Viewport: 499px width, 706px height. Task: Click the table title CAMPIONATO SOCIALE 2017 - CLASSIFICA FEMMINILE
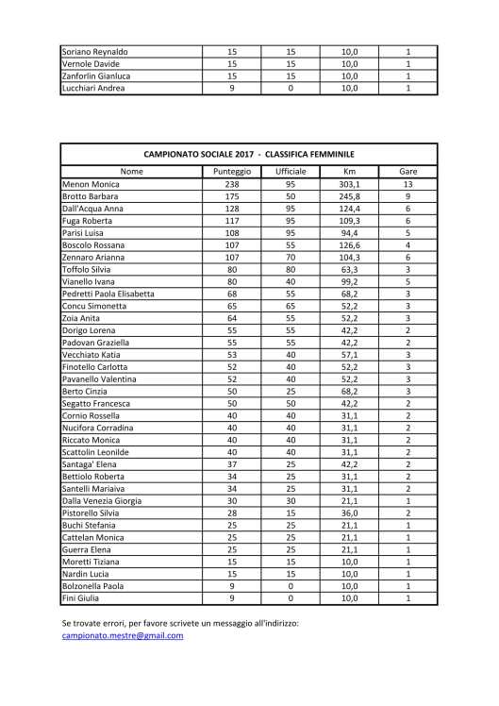[249, 152]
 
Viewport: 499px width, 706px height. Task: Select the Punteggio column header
[232, 172]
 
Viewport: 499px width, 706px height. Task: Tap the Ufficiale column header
[291, 172]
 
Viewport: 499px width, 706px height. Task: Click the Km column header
[350, 172]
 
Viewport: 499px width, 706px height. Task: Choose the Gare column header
[408, 172]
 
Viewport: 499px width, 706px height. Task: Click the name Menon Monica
[91, 184]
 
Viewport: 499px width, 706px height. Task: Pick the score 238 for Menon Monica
[232, 184]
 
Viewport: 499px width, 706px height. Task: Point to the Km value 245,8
[350, 196]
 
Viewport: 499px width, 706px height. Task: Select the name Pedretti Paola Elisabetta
[108, 294]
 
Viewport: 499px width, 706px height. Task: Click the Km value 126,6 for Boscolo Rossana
[350, 244]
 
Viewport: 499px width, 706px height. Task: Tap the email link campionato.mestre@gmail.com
[122, 635]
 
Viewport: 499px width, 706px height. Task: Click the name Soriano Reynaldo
[94, 52]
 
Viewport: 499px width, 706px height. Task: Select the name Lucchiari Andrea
[92, 88]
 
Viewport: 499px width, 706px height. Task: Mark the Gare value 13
[408, 184]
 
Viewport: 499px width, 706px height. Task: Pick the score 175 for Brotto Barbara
[232, 196]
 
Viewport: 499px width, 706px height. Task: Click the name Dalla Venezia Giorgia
[101, 513]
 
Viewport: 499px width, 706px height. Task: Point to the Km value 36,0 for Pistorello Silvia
[350, 525]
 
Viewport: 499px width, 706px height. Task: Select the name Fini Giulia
[81, 597]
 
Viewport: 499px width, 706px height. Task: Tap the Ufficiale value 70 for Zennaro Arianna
[291, 257]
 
